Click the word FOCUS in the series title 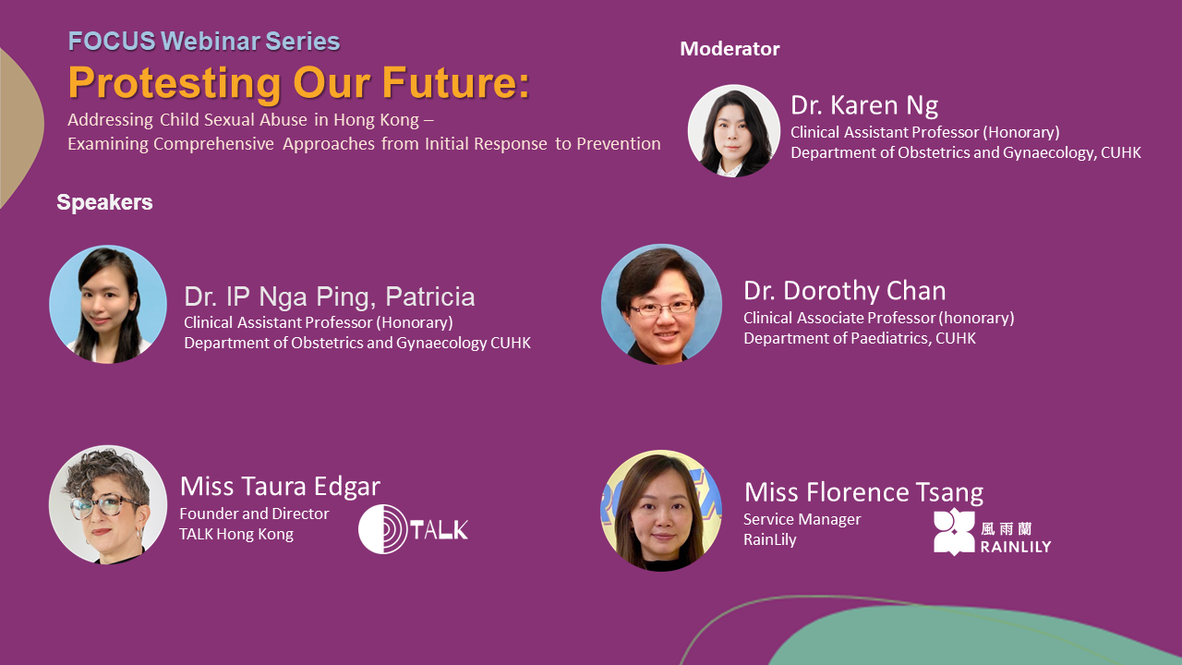click(x=112, y=42)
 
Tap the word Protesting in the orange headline click(x=175, y=83)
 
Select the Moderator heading click(x=730, y=49)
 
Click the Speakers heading click(x=104, y=202)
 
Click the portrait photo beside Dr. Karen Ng click(x=734, y=131)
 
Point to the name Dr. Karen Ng click(x=864, y=105)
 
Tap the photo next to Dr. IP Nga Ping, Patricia click(x=108, y=305)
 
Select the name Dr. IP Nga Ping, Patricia click(x=330, y=296)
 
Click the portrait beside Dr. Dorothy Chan click(x=662, y=305)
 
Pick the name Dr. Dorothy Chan click(x=845, y=291)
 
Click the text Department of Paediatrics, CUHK click(x=860, y=338)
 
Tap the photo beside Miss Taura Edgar click(x=108, y=504)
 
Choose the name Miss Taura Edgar click(x=280, y=486)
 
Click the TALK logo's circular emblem click(x=383, y=529)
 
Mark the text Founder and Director click(x=254, y=514)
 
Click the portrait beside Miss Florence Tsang click(x=661, y=511)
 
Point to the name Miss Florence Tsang click(x=863, y=492)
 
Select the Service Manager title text click(x=802, y=519)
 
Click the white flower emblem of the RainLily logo click(x=954, y=531)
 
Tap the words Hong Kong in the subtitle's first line click(x=376, y=120)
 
